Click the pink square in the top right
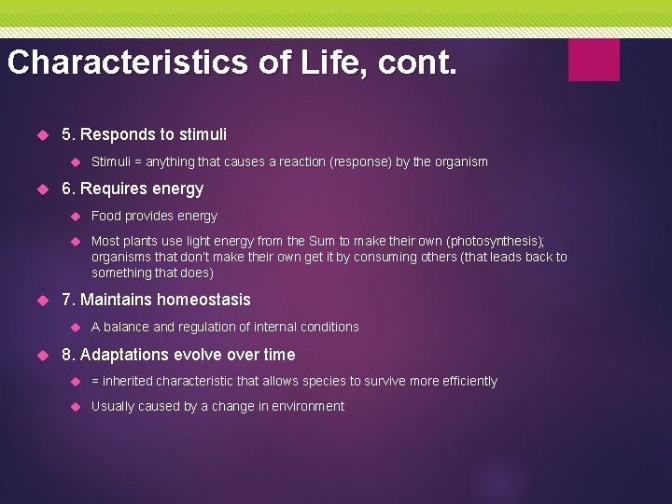594,60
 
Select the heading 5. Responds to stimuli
144,134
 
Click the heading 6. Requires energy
132,189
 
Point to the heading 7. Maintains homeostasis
156,300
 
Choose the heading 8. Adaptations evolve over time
177,355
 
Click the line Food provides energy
154,216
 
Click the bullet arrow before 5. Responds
41,135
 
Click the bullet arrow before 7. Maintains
41,301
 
